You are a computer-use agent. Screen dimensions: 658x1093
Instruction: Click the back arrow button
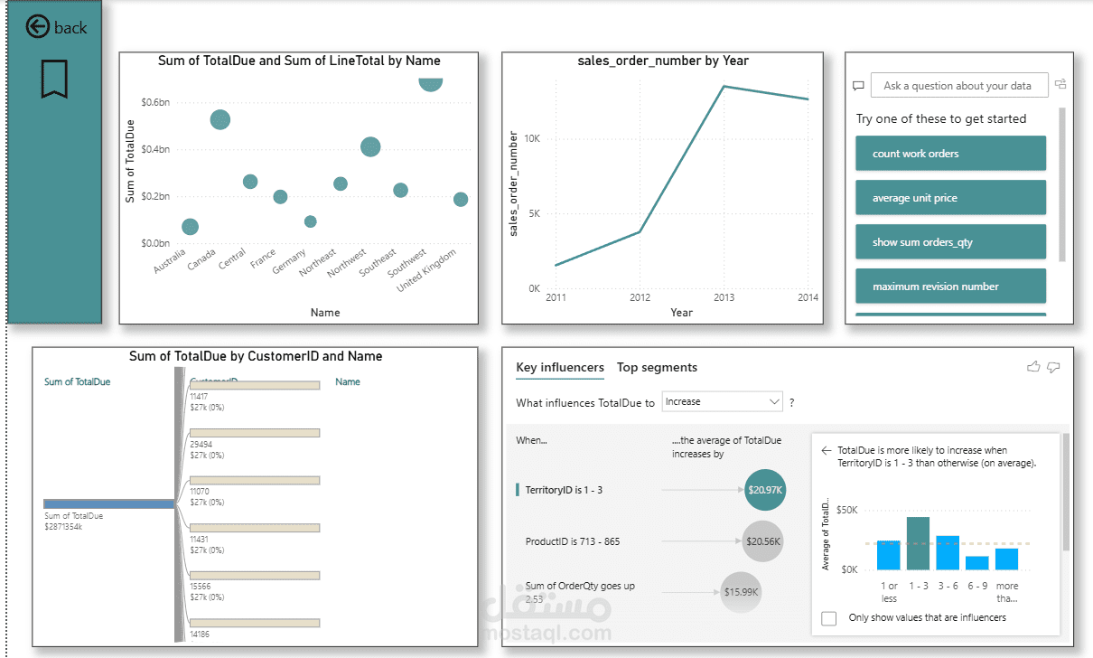point(37,27)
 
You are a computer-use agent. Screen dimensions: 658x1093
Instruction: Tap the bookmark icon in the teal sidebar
point(54,79)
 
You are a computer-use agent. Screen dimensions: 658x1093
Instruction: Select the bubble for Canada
point(220,119)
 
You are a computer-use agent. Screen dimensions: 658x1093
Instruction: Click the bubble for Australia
point(190,227)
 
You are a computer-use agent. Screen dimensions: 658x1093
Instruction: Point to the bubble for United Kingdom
point(461,199)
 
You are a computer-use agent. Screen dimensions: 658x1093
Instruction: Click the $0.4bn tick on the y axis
point(154,149)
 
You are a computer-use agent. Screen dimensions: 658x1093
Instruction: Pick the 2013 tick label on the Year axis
point(724,297)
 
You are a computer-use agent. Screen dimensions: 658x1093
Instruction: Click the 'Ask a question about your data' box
point(958,86)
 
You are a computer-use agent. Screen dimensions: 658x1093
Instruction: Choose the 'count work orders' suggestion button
point(950,154)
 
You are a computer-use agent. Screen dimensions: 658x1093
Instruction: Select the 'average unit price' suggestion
point(950,198)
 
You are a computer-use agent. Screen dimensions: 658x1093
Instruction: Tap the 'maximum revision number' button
point(950,287)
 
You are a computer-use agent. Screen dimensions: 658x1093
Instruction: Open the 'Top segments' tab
point(657,367)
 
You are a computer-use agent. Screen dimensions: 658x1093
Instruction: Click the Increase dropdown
point(722,401)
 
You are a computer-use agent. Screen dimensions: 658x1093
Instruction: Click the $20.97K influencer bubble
point(766,490)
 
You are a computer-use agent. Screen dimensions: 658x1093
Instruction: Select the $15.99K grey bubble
point(741,592)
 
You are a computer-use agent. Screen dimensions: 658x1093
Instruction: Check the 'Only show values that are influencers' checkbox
point(829,618)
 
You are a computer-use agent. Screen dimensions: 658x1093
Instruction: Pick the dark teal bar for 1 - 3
point(918,543)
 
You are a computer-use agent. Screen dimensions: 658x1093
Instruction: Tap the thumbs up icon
point(1033,366)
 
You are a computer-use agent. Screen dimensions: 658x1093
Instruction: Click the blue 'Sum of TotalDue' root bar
point(108,504)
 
